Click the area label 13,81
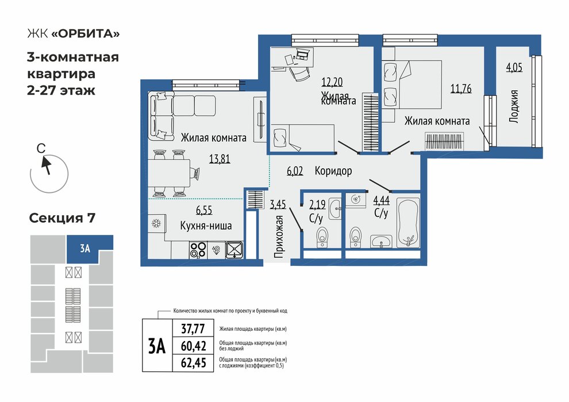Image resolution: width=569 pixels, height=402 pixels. [x=220, y=159]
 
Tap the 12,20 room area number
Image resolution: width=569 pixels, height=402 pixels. [x=332, y=82]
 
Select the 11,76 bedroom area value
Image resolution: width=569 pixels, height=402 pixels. [x=461, y=88]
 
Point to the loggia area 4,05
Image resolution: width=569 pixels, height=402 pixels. [x=514, y=67]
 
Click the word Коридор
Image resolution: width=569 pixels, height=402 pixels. [x=333, y=171]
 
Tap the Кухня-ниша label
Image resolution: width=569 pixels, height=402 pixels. [x=206, y=226]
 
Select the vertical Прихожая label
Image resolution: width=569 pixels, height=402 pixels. [x=279, y=237]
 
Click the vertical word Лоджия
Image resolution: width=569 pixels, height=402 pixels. [x=513, y=107]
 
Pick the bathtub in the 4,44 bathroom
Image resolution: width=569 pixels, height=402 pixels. [x=408, y=223]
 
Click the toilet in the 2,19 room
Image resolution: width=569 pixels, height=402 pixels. [x=322, y=237]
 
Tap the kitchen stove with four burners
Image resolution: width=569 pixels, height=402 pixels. [x=198, y=250]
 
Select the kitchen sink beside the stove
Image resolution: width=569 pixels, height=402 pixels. [x=234, y=250]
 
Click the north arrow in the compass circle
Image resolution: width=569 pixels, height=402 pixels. [x=46, y=165]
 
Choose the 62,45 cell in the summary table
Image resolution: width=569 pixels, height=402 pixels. [x=194, y=363]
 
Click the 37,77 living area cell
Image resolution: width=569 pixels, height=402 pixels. [x=193, y=328]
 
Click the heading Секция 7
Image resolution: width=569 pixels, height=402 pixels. [x=62, y=218]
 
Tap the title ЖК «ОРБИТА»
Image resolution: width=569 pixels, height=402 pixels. [x=74, y=34]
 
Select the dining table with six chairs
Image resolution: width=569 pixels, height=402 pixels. [x=169, y=173]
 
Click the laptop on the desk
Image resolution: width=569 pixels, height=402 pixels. [x=302, y=55]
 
